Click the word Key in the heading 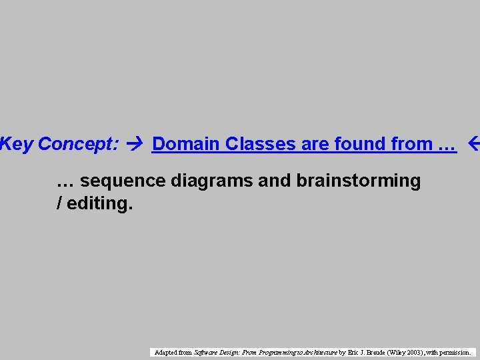[x=17, y=144]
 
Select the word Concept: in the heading [x=79, y=144]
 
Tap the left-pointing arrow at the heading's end [x=473, y=144]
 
